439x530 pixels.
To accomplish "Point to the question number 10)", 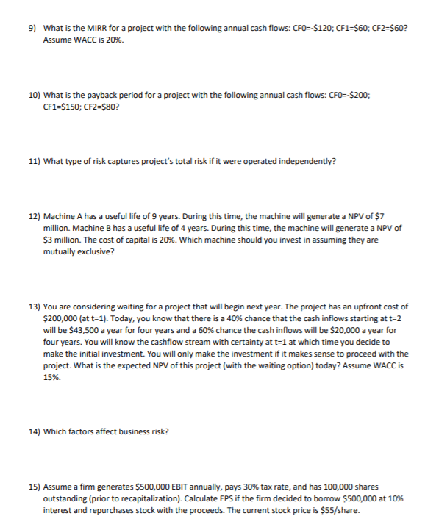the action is [35, 96].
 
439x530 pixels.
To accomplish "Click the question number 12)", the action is [35, 218].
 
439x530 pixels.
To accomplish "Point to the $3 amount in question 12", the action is [49, 240].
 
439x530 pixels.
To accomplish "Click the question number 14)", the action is [35, 431].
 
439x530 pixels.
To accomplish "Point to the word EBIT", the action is [181, 487].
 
